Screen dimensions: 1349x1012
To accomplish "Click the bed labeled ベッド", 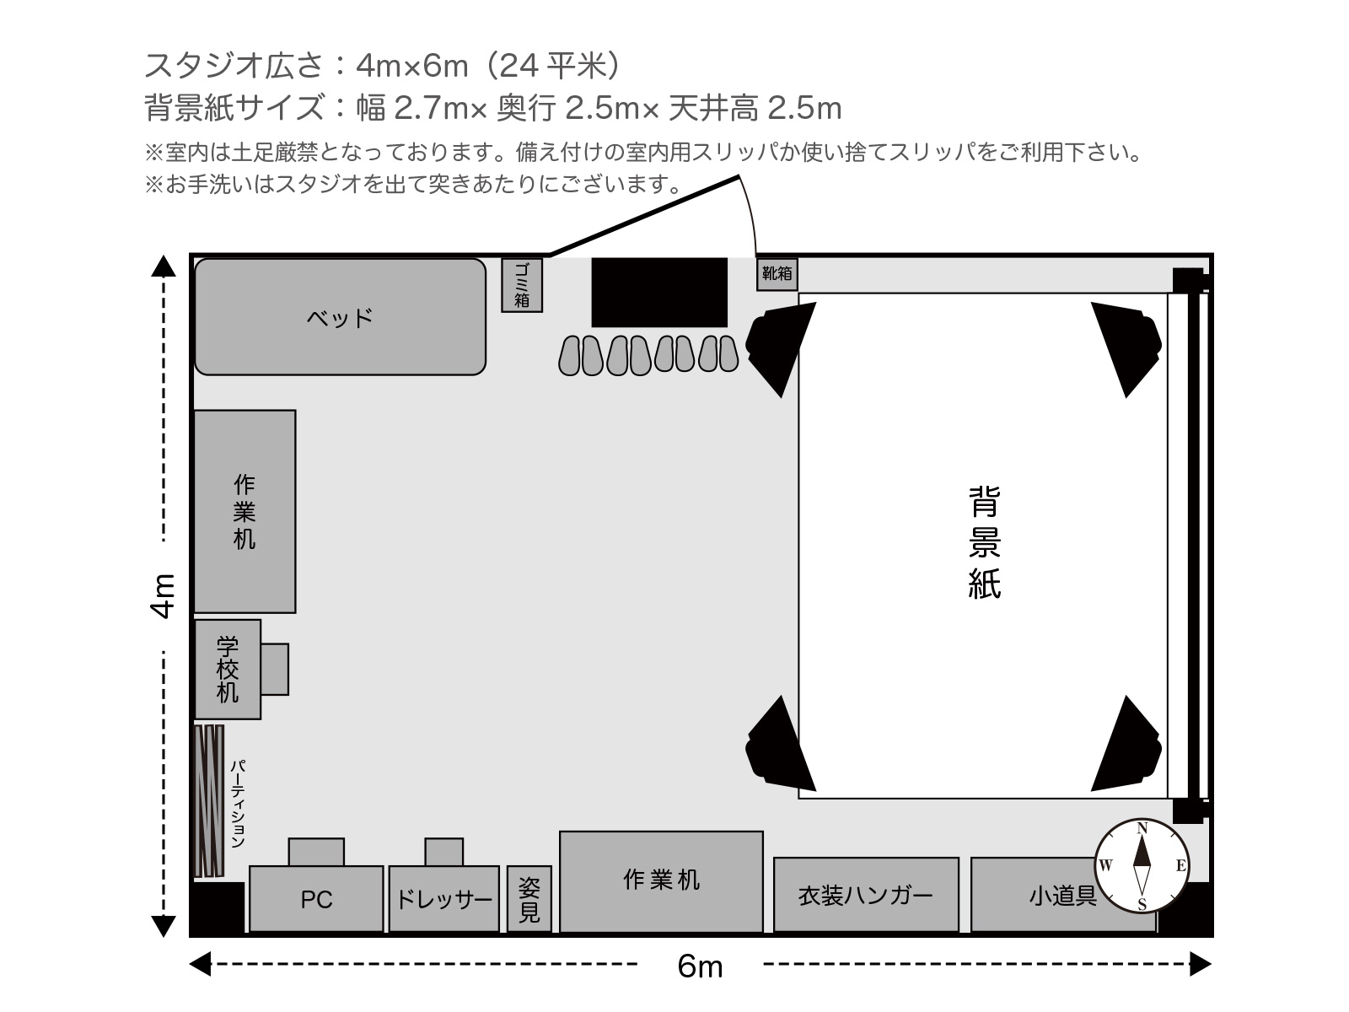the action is tap(340, 316).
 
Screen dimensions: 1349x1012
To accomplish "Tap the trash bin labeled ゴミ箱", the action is tap(522, 285).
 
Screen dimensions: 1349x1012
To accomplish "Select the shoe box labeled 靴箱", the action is tap(777, 274).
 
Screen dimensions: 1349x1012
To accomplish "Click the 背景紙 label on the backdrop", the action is tap(984, 542).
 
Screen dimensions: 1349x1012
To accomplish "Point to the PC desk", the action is tap(316, 898).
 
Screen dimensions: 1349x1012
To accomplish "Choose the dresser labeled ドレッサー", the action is tap(443, 898).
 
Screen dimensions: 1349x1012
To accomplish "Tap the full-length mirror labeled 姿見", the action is tap(529, 898).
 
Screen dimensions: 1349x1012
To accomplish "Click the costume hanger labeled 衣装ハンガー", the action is tap(866, 895).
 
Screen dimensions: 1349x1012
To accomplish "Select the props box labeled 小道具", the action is tap(1063, 895).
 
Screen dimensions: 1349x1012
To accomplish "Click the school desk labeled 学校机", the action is tap(228, 669).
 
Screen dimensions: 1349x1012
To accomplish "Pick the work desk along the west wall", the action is tap(245, 511).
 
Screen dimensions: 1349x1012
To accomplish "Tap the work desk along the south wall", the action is tap(661, 882).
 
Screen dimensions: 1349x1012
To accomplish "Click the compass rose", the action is tap(1142, 866).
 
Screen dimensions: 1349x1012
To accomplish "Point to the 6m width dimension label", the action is tap(700, 966).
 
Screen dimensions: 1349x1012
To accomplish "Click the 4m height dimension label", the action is tap(163, 595).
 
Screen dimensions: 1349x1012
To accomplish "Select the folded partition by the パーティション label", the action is tap(209, 801).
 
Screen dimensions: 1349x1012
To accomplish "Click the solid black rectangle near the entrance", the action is tap(659, 293).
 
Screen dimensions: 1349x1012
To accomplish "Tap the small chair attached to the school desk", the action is tap(275, 669).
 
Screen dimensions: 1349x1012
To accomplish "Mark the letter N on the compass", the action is tap(1142, 828).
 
